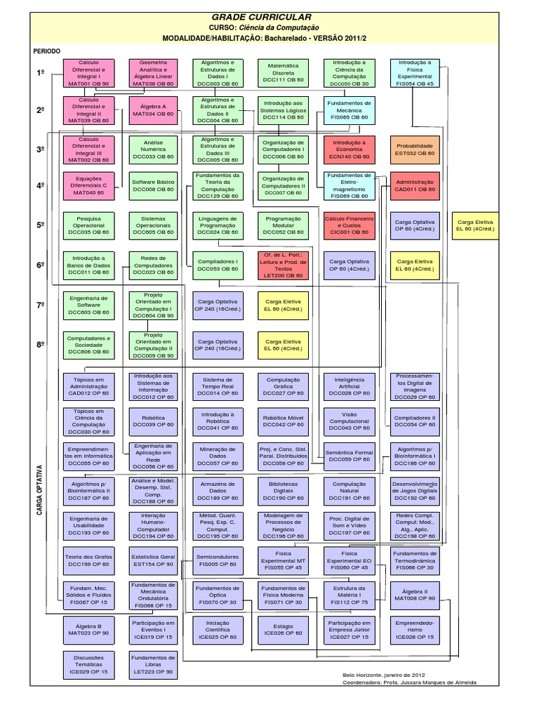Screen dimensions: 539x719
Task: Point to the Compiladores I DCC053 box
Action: tap(218, 264)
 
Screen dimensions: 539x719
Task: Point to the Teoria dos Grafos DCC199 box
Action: tap(88, 560)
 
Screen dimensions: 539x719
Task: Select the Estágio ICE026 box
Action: tap(283, 626)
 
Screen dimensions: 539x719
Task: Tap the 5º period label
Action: tap(41, 224)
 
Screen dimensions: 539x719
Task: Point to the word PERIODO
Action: tap(46, 51)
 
